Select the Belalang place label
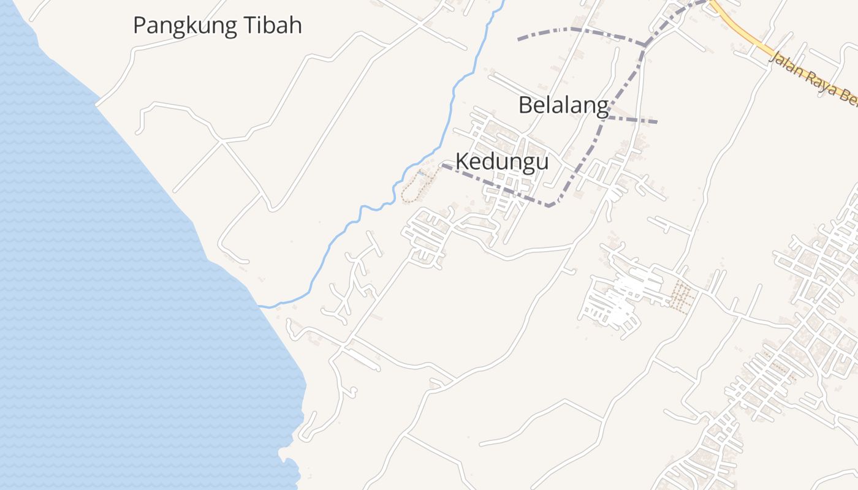pyautogui.click(x=563, y=105)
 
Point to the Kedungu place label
pyautogui.click(x=502, y=162)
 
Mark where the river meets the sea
pyautogui.click(x=260, y=306)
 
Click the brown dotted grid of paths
pyautogui.click(x=681, y=295)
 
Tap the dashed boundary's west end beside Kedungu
pyautogui.click(x=443, y=165)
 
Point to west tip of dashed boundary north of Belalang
pyautogui.click(x=519, y=39)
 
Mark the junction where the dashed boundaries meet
pyautogui.click(x=644, y=45)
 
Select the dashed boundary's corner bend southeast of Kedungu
pyautogui.click(x=551, y=205)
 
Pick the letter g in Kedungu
pyautogui.click(x=521, y=164)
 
